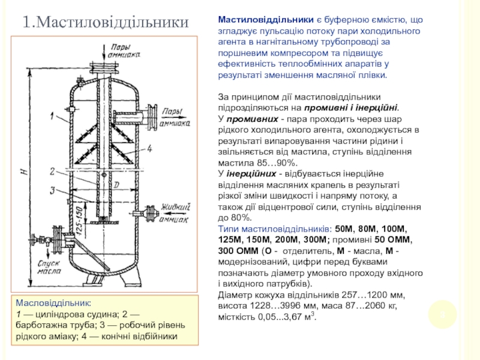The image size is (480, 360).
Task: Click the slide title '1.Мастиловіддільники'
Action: [106, 22]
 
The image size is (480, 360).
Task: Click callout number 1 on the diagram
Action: [53, 112]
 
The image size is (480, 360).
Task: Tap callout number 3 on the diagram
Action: [53, 190]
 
